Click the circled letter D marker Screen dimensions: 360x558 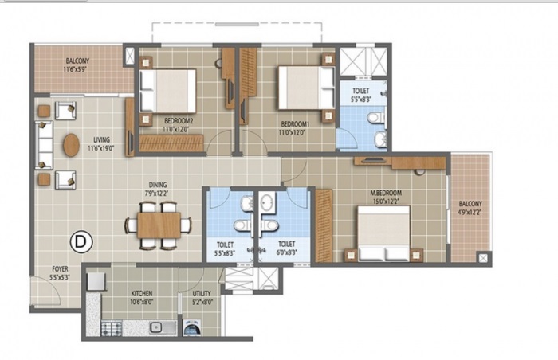point(79,238)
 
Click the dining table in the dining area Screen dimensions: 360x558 point(158,225)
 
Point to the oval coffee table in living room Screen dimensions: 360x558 point(71,145)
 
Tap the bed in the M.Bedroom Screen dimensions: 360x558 point(383,232)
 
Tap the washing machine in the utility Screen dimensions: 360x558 point(192,327)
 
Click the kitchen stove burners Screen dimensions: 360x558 point(112,327)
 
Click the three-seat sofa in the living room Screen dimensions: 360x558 point(43,145)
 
